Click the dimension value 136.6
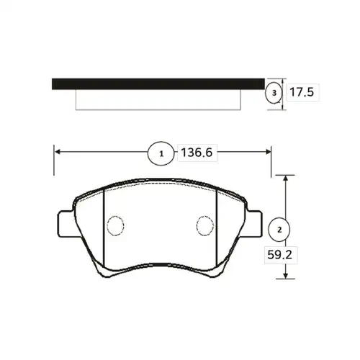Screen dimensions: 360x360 pyautogui.click(x=197, y=153)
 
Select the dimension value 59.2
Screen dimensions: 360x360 pyautogui.click(x=280, y=255)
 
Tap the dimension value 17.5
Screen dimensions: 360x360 pyautogui.click(x=302, y=92)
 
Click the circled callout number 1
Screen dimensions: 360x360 pyautogui.click(x=161, y=153)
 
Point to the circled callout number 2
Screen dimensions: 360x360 pyautogui.click(x=279, y=230)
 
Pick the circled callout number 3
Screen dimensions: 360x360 pyautogui.click(x=274, y=93)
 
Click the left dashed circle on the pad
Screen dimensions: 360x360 pyautogui.click(x=115, y=225)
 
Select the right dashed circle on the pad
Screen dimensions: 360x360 pyautogui.click(x=205, y=225)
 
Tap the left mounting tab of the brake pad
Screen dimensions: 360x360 pyautogui.click(x=66, y=224)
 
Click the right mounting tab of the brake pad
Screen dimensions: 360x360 pyautogui.click(x=253, y=224)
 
